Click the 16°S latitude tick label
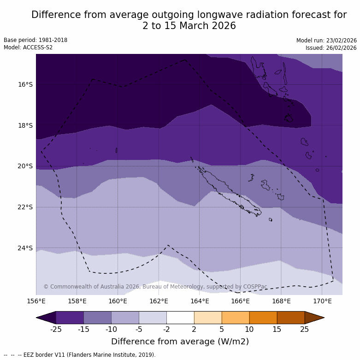coord(25,84)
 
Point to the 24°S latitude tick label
coord(25,248)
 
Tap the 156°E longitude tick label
coord(36,301)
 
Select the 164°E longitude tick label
coord(200,301)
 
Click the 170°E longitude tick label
coord(322,301)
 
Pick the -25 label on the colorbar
coord(56,329)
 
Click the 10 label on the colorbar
coord(249,329)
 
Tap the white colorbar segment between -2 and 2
coord(180,318)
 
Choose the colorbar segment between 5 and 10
coord(236,318)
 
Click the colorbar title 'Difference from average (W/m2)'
coord(180,342)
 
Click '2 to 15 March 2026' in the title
coord(189,26)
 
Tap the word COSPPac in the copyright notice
coord(255,287)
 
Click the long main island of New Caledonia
coord(226,192)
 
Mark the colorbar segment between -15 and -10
coord(97,318)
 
